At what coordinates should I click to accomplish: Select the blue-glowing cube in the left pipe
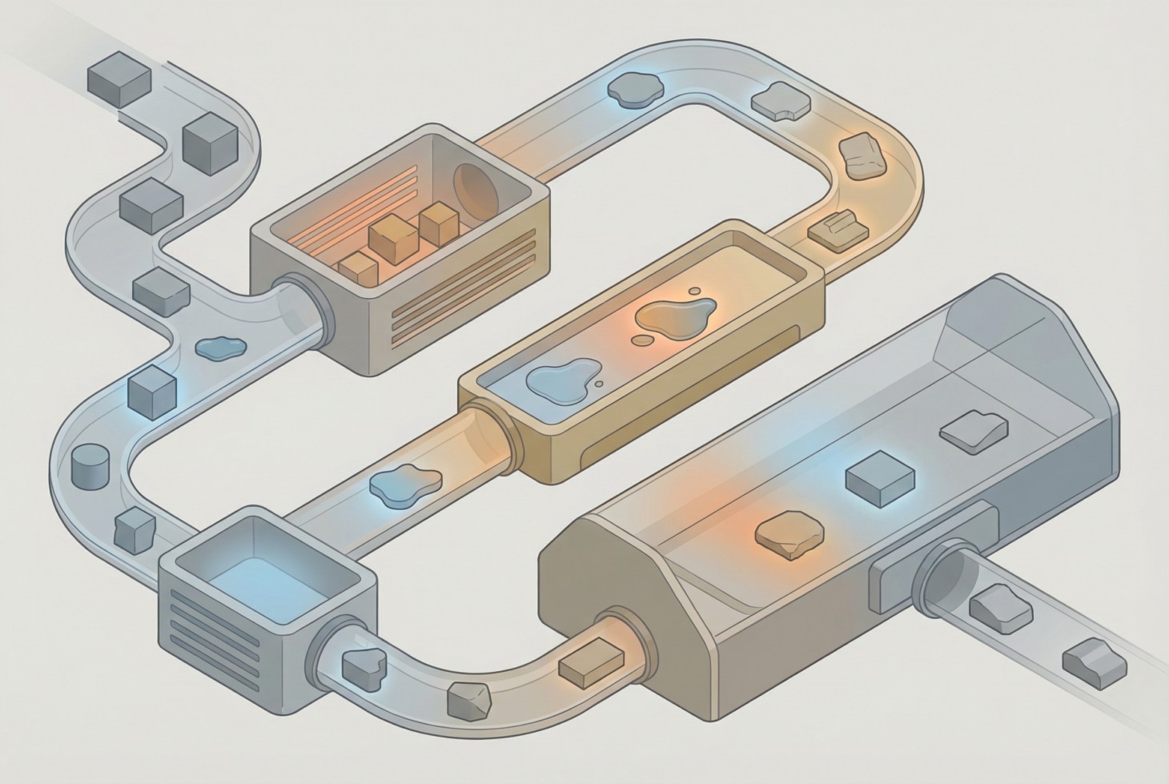click(x=151, y=388)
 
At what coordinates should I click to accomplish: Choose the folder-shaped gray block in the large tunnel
click(x=973, y=428)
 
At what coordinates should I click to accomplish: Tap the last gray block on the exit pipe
click(x=1094, y=661)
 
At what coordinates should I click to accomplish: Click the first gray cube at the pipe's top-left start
click(x=119, y=78)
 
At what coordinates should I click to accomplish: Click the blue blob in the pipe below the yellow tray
click(x=405, y=484)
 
